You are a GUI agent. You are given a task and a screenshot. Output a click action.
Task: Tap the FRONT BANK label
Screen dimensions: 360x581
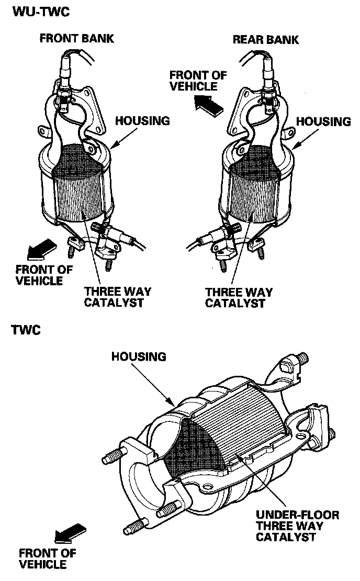(x=76, y=38)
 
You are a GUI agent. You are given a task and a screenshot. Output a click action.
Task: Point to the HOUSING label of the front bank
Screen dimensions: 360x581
(x=142, y=121)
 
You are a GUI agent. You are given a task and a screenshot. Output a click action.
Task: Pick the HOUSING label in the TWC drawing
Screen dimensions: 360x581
(x=139, y=357)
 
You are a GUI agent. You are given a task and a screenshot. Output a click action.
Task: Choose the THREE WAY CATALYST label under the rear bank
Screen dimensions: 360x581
(x=239, y=297)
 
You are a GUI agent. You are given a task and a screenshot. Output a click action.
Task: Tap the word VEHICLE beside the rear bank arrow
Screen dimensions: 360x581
(x=193, y=86)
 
